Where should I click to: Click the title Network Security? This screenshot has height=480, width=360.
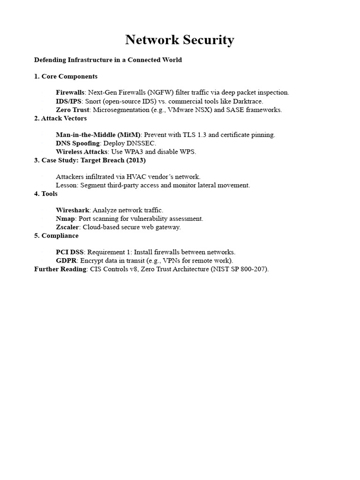(180, 40)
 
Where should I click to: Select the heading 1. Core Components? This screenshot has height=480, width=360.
(66, 76)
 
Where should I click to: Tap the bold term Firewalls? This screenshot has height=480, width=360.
(70, 93)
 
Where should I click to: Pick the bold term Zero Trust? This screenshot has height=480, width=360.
(72, 110)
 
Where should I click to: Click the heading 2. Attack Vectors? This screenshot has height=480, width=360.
(60, 118)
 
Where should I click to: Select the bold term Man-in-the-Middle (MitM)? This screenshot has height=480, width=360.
(98, 135)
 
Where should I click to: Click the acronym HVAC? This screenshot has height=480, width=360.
(134, 177)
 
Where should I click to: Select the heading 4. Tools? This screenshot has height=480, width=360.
(46, 194)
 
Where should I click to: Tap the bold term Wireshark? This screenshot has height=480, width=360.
(73, 210)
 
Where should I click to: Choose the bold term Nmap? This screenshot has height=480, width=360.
(65, 219)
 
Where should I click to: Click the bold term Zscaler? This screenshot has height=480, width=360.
(68, 227)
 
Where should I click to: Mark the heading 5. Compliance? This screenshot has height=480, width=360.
(56, 236)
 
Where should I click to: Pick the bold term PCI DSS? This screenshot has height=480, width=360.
(69, 252)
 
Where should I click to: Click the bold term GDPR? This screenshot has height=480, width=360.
(66, 261)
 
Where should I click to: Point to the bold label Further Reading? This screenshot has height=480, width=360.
(60, 269)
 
